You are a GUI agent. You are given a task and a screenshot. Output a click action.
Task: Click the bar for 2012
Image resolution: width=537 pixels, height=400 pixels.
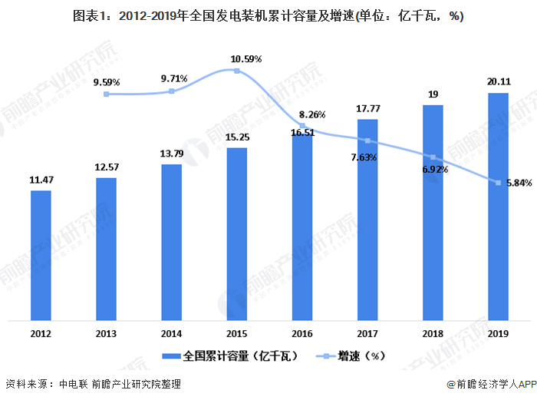tap(41, 255)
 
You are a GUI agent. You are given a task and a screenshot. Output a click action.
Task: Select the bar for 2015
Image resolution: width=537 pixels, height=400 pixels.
tap(237, 233)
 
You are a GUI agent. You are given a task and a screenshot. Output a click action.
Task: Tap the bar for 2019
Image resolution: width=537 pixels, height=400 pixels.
tap(499, 206)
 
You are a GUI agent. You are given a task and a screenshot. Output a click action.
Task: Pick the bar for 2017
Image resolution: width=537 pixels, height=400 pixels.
tap(367, 220)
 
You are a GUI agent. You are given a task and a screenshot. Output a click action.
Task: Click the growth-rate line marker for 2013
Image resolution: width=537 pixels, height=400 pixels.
tap(107, 94)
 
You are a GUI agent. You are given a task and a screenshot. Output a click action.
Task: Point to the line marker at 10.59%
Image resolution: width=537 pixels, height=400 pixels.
tap(237, 71)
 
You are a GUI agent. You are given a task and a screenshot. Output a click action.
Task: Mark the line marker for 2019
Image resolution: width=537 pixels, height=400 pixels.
tap(499, 183)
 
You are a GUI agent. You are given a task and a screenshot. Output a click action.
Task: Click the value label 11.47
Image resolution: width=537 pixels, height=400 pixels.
tap(41, 180)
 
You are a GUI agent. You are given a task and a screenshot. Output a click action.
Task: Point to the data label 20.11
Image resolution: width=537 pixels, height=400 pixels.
tap(499, 83)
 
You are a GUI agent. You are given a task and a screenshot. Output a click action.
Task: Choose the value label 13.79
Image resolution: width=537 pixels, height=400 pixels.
tap(172, 154)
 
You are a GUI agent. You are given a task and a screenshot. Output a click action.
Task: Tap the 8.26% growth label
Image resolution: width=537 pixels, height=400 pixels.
tap(311, 114)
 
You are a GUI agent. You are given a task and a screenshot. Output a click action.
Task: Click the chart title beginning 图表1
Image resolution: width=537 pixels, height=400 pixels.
tap(268, 16)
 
